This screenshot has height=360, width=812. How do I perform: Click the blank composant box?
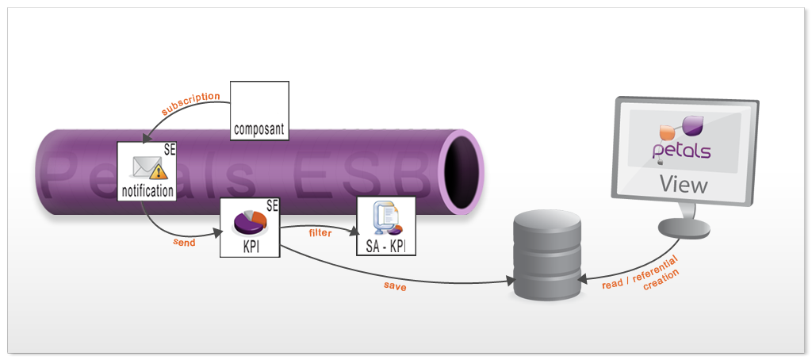click(259, 103)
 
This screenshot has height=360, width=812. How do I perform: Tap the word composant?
click(259, 127)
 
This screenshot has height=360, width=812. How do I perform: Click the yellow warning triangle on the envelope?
click(158, 171)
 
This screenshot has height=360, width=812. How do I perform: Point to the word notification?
click(147, 191)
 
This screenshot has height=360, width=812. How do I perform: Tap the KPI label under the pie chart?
click(251, 246)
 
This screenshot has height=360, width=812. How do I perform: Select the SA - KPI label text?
click(386, 246)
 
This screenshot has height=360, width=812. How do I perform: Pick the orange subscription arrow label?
click(190, 102)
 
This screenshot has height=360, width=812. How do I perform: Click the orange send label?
click(184, 242)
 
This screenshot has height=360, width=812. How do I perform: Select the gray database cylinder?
click(546, 255)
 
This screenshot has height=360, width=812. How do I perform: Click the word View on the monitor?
click(684, 186)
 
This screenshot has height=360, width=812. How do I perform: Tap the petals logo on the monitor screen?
click(683, 139)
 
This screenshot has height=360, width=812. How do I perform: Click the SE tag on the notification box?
click(170, 148)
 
